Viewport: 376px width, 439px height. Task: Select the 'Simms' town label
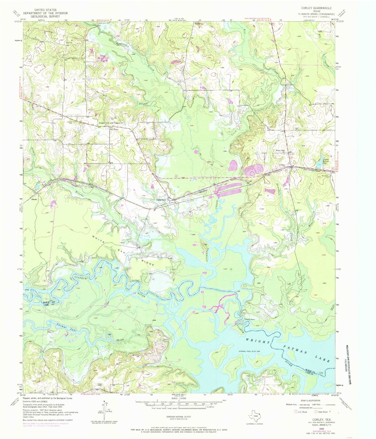pyautogui.click(x=34, y=200)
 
